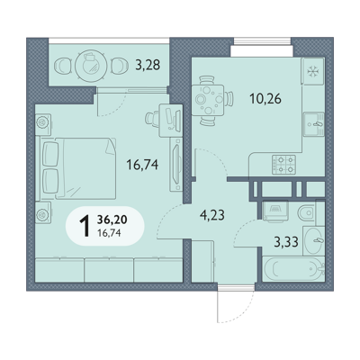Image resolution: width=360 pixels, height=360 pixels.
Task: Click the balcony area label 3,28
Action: [148, 65]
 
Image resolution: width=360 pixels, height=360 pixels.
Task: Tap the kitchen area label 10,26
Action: [265, 98]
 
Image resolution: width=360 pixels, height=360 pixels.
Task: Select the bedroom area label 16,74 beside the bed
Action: [142, 165]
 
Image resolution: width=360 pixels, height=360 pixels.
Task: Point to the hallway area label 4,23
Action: [212, 215]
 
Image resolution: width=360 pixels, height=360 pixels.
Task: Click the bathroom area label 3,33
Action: [286, 242]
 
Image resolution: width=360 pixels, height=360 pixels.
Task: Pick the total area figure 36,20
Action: [112, 220]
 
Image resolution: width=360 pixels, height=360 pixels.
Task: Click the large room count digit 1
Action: [85, 227]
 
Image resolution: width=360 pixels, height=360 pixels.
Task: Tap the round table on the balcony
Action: [91, 64]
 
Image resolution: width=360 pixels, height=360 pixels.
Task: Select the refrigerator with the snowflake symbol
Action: [313, 71]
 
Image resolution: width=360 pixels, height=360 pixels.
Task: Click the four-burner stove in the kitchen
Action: [283, 165]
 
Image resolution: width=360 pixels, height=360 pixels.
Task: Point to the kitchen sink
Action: [314, 124]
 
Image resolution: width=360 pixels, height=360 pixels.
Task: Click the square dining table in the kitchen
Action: [208, 101]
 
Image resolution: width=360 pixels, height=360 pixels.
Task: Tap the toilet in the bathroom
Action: [307, 213]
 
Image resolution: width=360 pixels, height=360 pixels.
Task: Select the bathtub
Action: [293, 269]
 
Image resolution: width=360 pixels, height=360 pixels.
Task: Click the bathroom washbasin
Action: [314, 240]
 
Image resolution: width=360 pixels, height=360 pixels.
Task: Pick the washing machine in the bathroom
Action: [275, 211]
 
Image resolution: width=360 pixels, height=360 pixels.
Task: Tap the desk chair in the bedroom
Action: [153, 118]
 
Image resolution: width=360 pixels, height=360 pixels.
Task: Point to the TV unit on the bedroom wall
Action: [176, 165]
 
